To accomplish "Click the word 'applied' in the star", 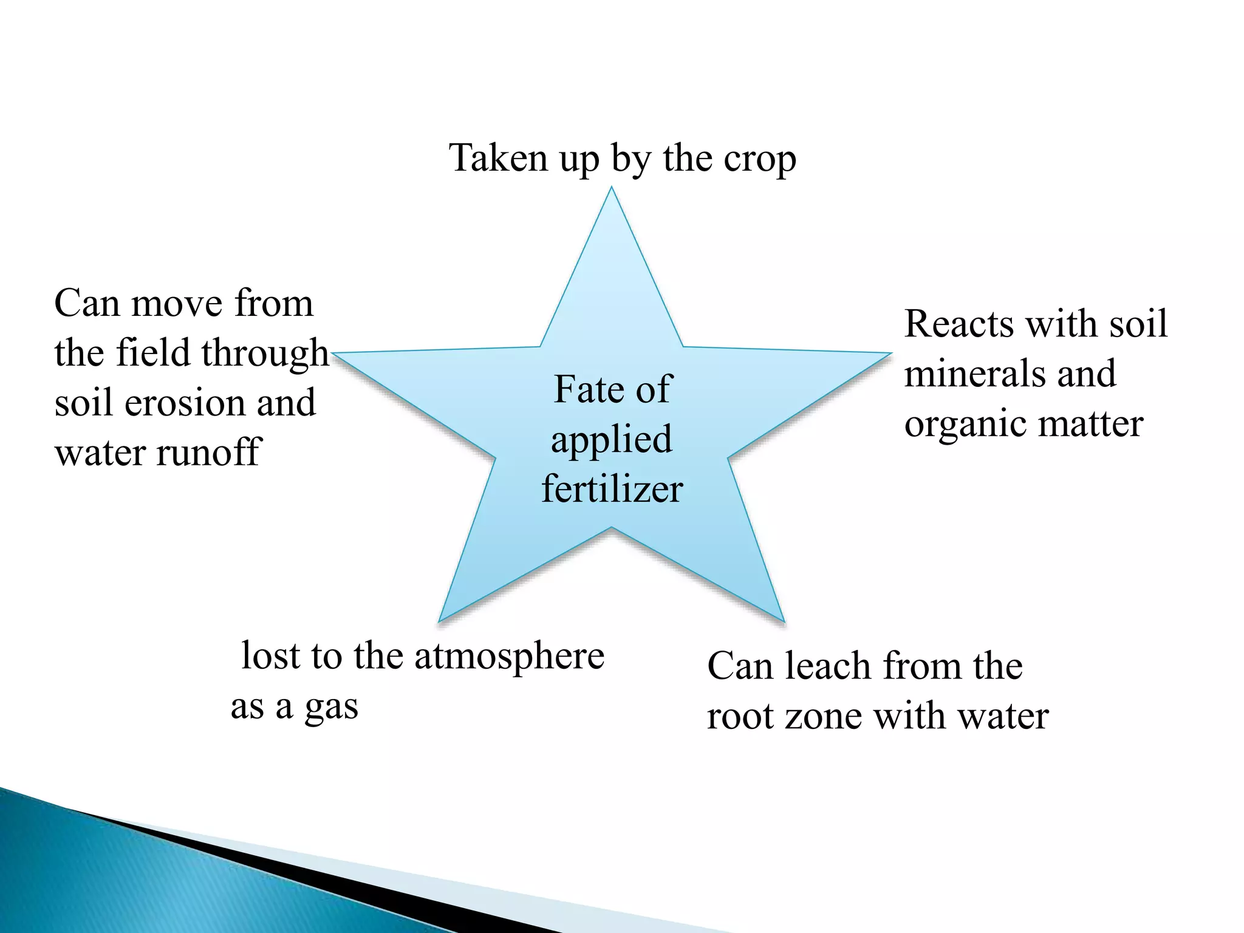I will point(611,440).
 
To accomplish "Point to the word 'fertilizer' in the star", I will point(612,489).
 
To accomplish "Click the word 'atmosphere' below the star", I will point(509,657).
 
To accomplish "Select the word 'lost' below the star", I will point(271,656).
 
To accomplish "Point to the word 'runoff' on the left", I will point(208,453).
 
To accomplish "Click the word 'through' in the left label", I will point(265,354).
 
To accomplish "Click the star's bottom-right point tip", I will point(783,620).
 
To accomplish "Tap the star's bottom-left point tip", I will point(440,620).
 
